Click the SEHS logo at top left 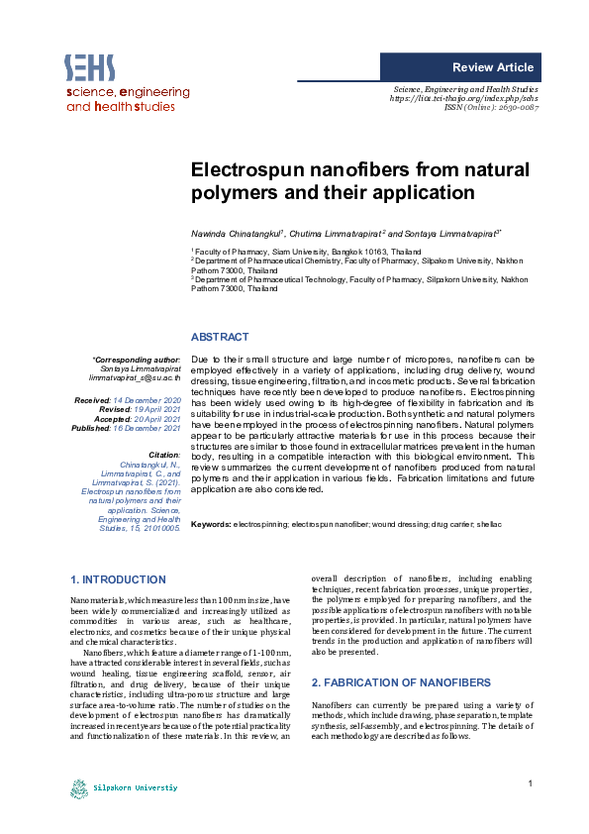(90, 67)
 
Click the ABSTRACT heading (219, 338)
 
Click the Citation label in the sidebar (163, 454)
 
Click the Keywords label (210, 522)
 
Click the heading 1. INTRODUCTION (119, 579)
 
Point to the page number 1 (531, 784)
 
